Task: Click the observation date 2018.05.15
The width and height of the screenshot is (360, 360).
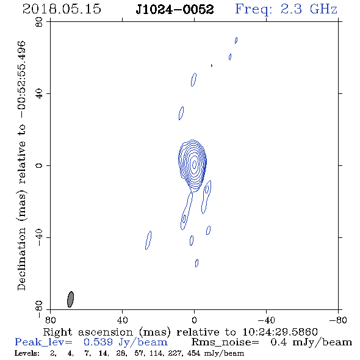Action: coord(62,9)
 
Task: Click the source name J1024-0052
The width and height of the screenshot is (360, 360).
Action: coord(175,9)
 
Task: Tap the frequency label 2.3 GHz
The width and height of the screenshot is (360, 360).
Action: coord(309,9)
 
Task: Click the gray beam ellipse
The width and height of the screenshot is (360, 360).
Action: coord(71,299)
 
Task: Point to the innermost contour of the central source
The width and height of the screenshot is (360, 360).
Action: coord(195,164)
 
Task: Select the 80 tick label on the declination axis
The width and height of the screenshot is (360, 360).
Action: coord(39,22)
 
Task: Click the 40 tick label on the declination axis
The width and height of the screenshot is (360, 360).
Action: coord(39,94)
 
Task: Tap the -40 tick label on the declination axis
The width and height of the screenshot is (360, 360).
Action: coord(39,237)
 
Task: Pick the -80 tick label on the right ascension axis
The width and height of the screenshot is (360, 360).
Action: coord(338,320)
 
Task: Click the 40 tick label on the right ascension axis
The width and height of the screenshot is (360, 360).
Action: coord(122,320)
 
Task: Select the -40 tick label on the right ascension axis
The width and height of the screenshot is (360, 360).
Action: coord(266,320)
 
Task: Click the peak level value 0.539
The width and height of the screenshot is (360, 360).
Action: coord(98,342)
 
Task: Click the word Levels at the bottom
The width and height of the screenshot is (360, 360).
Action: coord(27,353)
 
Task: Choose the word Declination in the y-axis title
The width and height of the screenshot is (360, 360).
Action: coord(21,259)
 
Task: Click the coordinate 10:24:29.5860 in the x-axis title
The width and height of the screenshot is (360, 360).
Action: coord(280,332)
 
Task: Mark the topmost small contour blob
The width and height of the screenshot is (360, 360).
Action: coord(236,40)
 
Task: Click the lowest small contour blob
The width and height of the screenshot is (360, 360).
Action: coord(196,263)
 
